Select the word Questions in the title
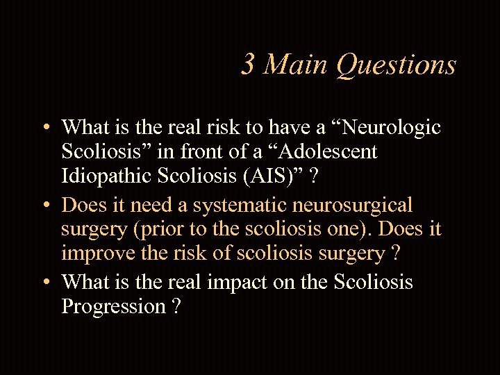pos(396,65)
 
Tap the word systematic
pos(251,205)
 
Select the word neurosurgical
pos(360,205)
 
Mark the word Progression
pos(113,306)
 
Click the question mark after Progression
pos(176,306)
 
